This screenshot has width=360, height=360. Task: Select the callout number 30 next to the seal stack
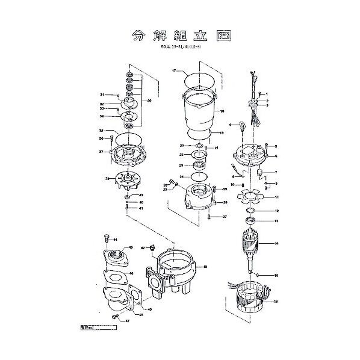[149, 101]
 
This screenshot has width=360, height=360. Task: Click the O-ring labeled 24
[198, 176]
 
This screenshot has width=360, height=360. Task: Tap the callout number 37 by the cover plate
[102, 152]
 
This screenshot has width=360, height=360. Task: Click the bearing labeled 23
[199, 165]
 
